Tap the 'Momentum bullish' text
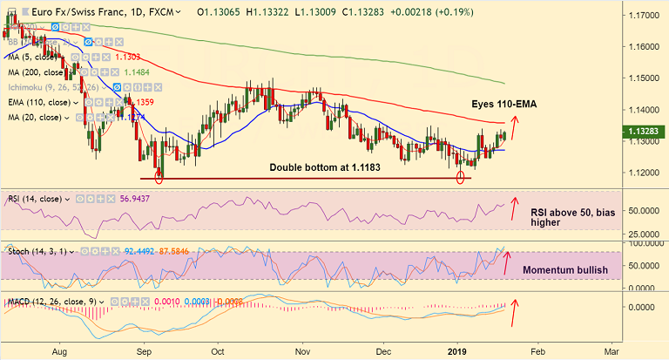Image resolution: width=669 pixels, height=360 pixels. point(564,270)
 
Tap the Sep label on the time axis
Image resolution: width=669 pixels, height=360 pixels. point(145,352)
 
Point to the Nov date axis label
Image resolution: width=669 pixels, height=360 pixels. point(302,352)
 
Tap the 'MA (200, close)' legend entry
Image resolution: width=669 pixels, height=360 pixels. point(37,71)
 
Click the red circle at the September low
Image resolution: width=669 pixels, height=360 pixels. point(159,177)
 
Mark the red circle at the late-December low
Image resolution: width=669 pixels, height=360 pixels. point(461,177)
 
